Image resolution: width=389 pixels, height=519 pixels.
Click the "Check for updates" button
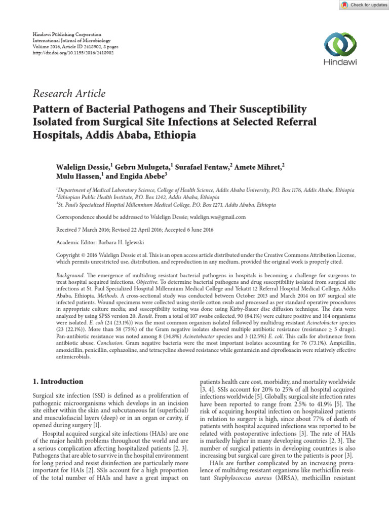point(362,5)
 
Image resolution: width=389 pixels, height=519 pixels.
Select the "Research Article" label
point(69,94)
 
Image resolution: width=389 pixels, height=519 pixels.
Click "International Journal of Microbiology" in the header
point(71,40)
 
